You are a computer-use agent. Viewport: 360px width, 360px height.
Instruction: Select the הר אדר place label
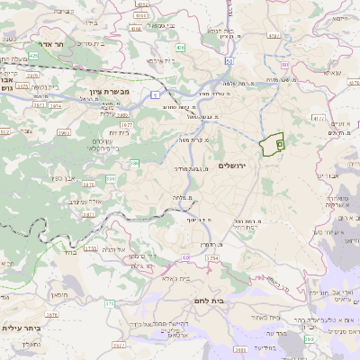44,42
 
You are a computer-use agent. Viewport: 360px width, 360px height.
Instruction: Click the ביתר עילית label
22,329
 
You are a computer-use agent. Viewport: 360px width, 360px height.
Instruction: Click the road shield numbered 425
33,55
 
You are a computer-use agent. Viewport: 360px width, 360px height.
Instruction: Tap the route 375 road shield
109,304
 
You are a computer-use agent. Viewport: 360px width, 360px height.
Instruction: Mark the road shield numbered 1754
212,258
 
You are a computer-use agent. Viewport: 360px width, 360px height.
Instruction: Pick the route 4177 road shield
318,117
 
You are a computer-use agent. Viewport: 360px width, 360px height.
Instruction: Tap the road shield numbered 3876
88,184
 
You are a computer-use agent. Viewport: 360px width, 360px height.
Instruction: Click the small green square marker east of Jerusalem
279,144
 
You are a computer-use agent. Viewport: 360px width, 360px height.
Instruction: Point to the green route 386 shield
134,163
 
